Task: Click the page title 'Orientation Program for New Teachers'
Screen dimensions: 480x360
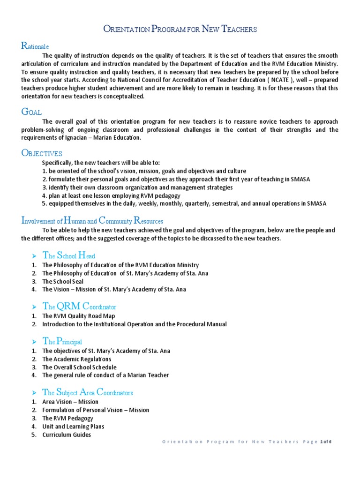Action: click(180, 30)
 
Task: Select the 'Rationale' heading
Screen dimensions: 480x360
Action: click(35, 46)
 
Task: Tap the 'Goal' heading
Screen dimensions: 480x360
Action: click(32, 112)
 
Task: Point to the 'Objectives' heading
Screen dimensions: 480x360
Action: click(42, 153)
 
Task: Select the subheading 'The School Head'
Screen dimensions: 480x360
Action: click(68, 255)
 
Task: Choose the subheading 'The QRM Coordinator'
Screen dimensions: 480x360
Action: click(79, 307)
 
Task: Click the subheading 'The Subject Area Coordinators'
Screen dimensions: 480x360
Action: click(88, 392)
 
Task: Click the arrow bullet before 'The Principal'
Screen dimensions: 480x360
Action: click(34, 342)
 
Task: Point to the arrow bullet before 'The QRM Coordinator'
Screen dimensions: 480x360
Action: click(34, 307)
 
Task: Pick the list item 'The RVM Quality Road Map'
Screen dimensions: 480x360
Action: click(78, 316)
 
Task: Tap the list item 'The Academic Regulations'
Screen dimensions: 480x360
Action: click(76, 359)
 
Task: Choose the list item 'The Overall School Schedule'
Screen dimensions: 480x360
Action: click(79, 367)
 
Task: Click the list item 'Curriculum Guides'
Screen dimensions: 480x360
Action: click(67, 435)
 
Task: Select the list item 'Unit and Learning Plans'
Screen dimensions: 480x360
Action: click(73, 427)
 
